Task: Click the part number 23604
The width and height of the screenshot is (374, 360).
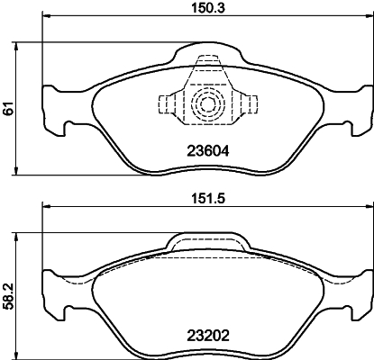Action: coord(206,152)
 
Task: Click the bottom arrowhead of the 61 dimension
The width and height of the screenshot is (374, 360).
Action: coord(20,171)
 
